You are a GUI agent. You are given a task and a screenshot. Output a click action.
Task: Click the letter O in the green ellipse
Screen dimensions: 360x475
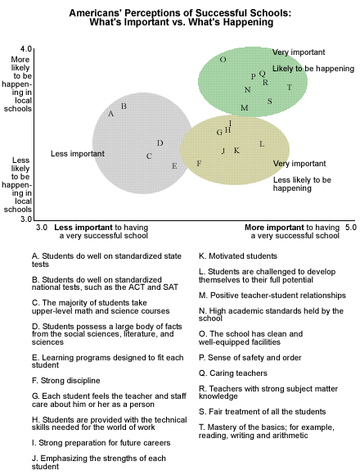223,59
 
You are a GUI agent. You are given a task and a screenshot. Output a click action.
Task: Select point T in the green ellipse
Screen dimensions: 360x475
290,88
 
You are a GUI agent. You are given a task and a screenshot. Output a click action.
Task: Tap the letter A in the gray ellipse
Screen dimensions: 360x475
111,114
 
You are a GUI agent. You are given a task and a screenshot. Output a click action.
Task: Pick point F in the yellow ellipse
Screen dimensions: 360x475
199,164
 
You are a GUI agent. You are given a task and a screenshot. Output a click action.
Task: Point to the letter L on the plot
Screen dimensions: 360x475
262,144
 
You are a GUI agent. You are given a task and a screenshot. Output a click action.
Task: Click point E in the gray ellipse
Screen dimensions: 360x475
174,166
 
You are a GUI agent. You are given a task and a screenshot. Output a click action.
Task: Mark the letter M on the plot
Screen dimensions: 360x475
245,107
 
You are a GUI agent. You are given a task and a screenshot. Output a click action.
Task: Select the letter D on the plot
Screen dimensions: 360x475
160,143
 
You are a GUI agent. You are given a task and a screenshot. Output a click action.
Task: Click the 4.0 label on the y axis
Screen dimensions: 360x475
26,49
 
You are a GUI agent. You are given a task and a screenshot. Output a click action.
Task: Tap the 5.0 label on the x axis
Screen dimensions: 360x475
351,227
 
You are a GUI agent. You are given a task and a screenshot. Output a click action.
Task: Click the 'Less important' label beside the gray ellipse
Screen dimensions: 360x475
78,154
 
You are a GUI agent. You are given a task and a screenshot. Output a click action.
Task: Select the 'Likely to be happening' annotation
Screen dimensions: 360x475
313,69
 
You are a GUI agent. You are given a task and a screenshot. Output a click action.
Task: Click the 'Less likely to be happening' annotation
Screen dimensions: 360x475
302,184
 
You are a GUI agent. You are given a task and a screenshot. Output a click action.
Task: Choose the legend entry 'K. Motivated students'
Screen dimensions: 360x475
238,256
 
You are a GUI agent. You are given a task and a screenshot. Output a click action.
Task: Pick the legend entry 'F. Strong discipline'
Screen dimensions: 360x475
66,381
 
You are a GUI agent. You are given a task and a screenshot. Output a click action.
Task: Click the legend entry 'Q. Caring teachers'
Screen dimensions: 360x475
233,373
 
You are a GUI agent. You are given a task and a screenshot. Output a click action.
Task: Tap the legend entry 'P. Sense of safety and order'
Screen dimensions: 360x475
250,357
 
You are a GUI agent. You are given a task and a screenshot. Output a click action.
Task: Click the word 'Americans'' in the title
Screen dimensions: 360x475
95,13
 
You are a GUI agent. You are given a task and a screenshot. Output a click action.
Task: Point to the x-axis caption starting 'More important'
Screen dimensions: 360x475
292,232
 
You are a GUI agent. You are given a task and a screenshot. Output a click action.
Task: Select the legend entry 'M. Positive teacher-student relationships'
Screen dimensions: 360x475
272,296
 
